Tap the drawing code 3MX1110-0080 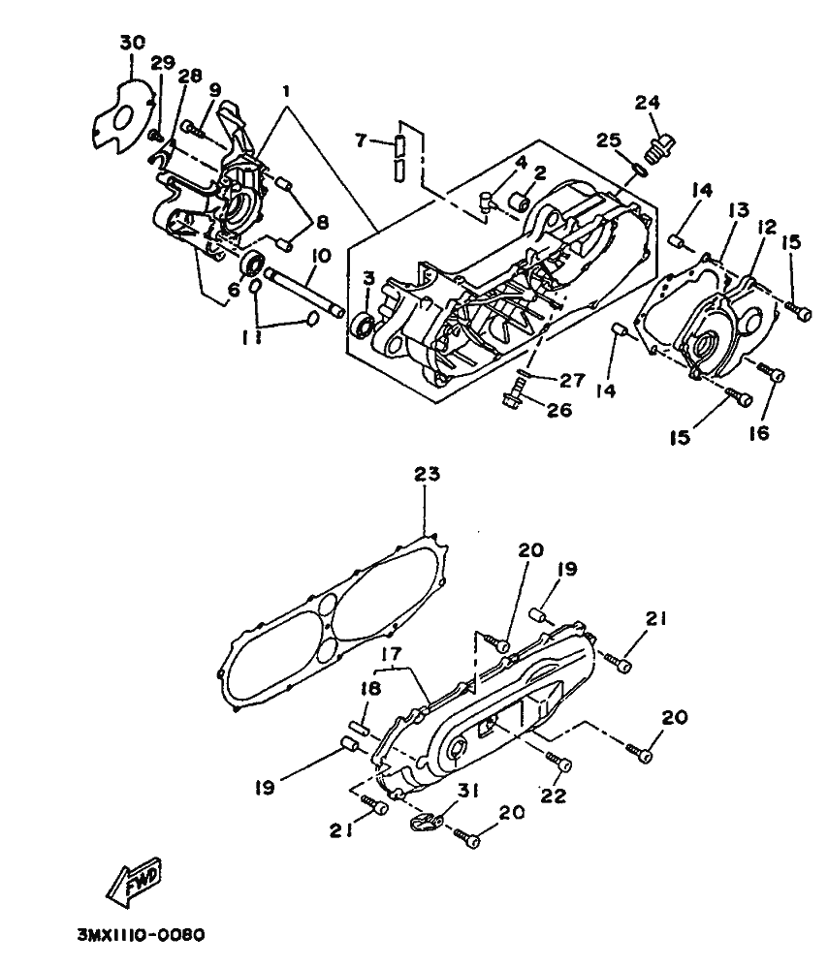(x=141, y=935)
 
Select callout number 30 (x=133, y=43)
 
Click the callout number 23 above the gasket (x=427, y=474)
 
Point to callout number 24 (x=648, y=103)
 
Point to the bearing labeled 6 (x=251, y=264)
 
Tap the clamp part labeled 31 (x=427, y=822)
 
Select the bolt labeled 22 (x=558, y=761)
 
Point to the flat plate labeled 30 (x=124, y=116)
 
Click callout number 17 (x=391, y=653)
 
